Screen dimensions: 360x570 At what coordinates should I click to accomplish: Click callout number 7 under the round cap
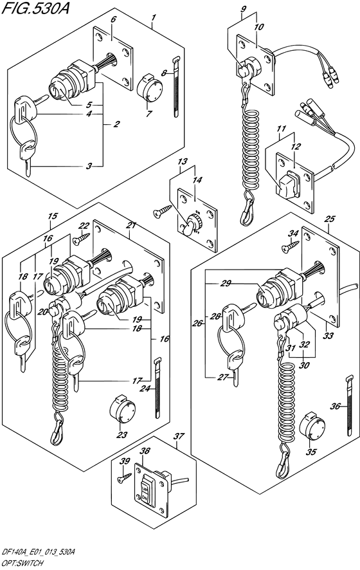pyautogui.click(x=148, y=114)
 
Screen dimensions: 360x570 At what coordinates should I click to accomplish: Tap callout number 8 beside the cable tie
pyautogui.click(x=164, y=73)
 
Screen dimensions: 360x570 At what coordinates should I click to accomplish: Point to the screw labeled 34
pyautogui.click(x=291, y=246)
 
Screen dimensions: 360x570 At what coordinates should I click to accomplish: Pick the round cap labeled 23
pyautogui.click(x=122, y=409)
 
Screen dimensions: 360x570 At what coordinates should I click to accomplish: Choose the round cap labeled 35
pyautogui.click(x=312, y=426)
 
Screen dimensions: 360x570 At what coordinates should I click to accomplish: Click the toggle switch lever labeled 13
pyautogui.click(x=188, y=227)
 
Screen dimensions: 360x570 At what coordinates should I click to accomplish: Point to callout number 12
pyautogui.click(x=296, y=147)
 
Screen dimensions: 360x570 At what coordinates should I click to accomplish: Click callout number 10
pyautogui.click(x=259, y=27)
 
